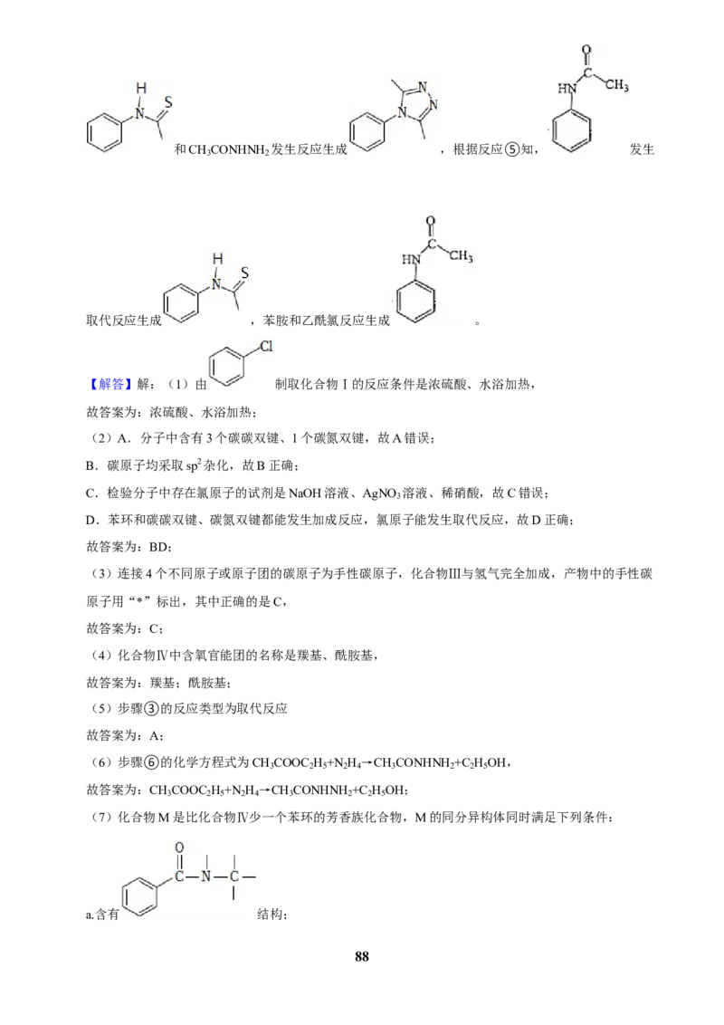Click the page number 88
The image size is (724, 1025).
coord(361,956)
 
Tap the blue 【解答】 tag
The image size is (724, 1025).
coord(109,384)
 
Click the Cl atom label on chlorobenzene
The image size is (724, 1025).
coord(266,346)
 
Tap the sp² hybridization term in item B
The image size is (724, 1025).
coord(194,465)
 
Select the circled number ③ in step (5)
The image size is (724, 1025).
coord(151,709)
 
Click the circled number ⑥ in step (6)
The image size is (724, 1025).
coord(151,763)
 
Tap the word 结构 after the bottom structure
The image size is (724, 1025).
coord(270,914)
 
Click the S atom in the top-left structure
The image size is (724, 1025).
coord(168,102)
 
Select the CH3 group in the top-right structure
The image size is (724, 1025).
coord(616,86)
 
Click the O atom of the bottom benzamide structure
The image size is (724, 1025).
coord(179,848)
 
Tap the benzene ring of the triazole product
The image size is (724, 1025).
coord(367,131)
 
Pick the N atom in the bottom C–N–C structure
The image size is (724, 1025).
coord(205,876)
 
